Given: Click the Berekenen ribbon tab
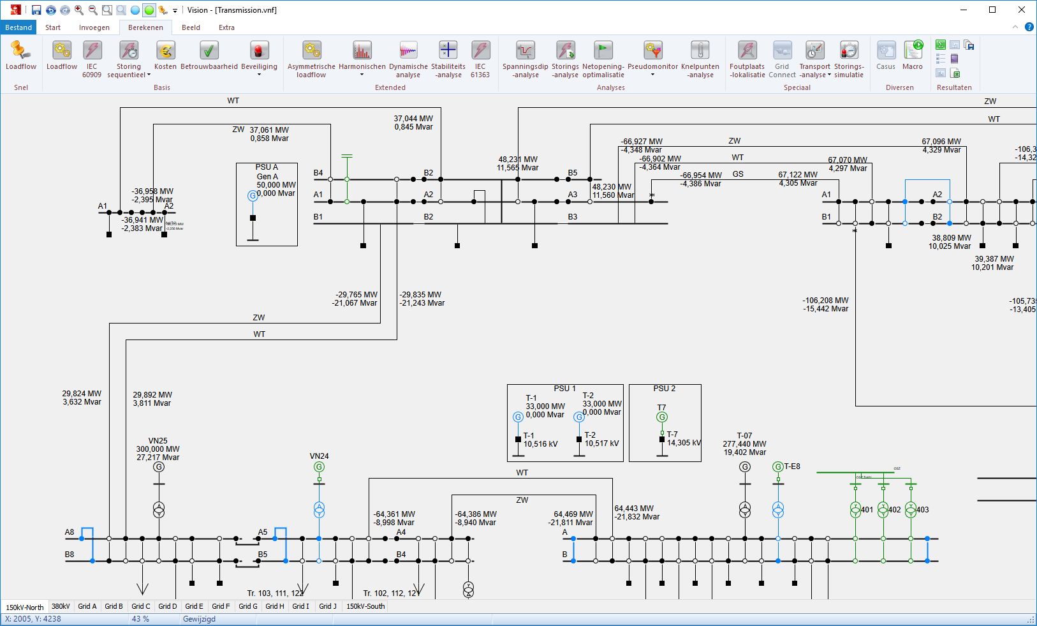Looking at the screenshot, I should click(x=145, y=27).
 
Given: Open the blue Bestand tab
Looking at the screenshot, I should click(x=18, y=27).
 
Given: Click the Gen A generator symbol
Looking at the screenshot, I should click(x=253, y=196).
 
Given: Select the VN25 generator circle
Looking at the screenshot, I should click(x=159, y=467).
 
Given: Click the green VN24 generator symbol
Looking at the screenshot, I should click(x=319, y=467).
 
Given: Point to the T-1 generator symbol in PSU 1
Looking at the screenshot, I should click(x=518, y=417).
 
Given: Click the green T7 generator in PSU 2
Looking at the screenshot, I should click(x=662, y=417).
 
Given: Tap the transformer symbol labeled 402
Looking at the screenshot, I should click(x=883, y=509).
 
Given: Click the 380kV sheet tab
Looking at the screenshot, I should click(x=61, y=606).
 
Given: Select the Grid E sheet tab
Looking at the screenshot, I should click(x=194, y=606).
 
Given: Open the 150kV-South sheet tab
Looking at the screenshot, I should click(x=365, y=606).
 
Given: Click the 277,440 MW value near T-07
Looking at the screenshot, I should click(x=744, y=444).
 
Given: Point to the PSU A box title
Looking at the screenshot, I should click(x=267, y=167).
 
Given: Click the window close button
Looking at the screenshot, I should click(x=1022, y=10).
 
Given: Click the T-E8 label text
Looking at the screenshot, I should click(x=792, y=466).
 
